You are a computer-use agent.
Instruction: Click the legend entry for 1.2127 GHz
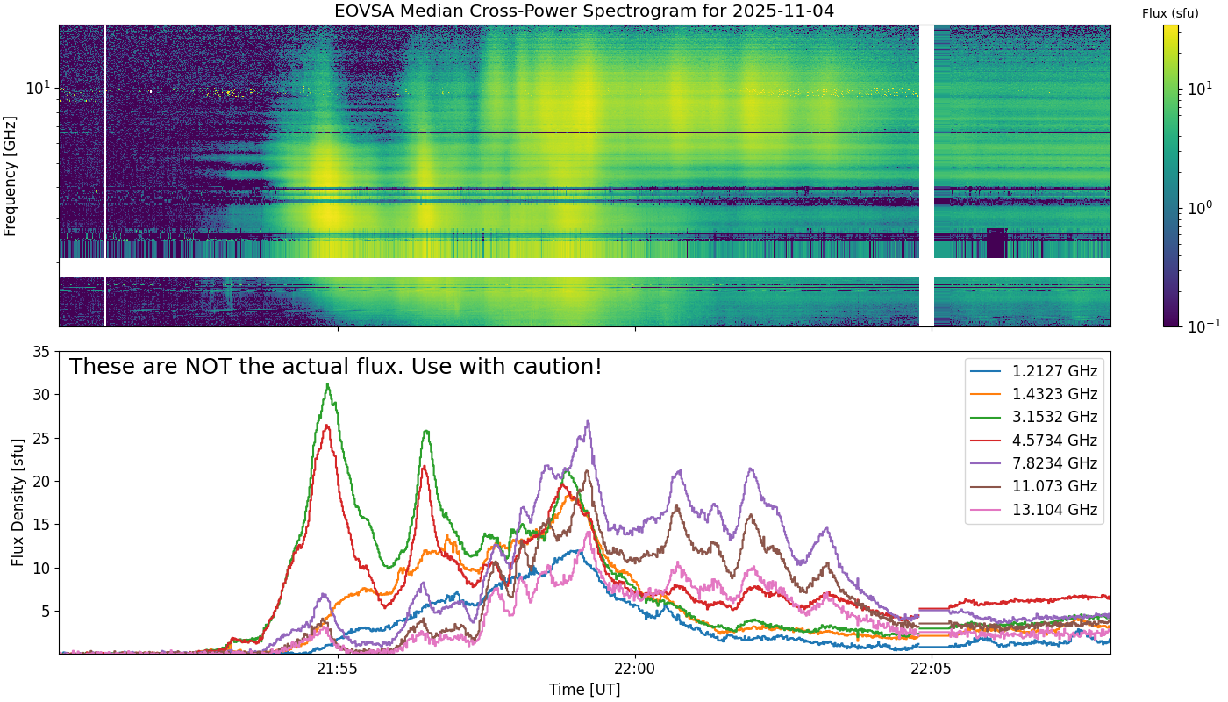(x=1034, y=371)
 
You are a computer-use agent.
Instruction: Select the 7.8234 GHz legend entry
(x=1034, y=463)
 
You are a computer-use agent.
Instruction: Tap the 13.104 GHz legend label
(x=1054, y=510)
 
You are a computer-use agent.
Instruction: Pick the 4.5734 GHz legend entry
(x=1034, y=441)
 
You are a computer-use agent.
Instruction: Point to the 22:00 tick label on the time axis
(x=635, y=669)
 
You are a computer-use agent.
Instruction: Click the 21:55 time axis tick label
(x=338, y=669)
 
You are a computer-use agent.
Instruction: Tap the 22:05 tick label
(x=932, y=669)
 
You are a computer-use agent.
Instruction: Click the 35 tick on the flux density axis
(x=41, y=352)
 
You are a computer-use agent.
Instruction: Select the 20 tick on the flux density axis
(x=41, y=482)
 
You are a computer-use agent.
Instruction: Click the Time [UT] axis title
(x=585, y=690)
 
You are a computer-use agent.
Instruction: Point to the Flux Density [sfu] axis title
(x=18, y=502)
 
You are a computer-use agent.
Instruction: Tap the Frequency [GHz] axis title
(x=10, y=176)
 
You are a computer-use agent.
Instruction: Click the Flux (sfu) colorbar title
(x=1170, y=14)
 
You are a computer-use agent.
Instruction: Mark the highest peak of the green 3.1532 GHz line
(x=328, y=384)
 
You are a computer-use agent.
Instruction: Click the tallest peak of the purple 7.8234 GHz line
(x=588, y=421)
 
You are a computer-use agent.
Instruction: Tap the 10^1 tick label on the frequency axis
(x=37, y=87)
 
